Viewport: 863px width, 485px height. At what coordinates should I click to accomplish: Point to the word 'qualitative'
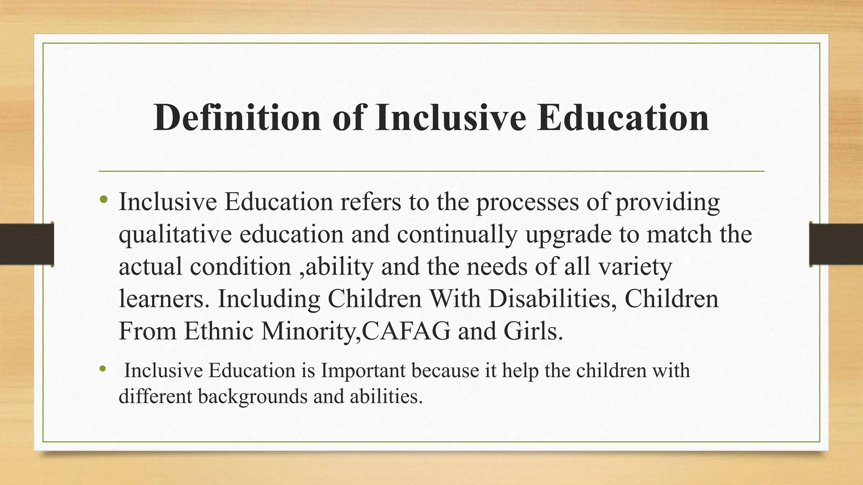click(x=175, y=235)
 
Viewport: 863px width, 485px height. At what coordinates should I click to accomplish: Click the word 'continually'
click(x=457, y=235)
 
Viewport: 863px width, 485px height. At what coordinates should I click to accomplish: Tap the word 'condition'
click(x=241, y=266)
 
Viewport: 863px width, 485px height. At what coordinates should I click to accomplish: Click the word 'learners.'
click(x=164, y=299)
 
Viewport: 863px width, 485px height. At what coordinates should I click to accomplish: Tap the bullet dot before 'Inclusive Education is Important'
click(x=102, y=369)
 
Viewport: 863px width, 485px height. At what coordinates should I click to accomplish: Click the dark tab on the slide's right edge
click(x=836, y=244)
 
